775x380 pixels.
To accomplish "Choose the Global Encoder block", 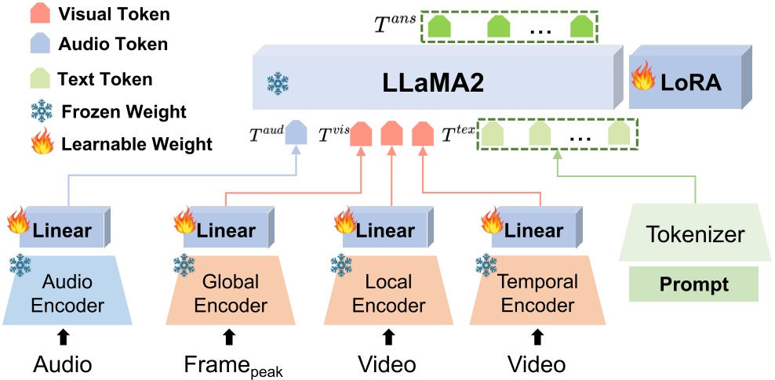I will pos(229,291).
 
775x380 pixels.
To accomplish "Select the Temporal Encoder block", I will pos(538,291).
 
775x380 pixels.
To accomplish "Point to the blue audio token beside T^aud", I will pos(295,132).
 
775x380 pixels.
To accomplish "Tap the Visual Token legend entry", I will pos(102,14).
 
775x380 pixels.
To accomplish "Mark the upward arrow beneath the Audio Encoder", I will pos(62,338).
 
